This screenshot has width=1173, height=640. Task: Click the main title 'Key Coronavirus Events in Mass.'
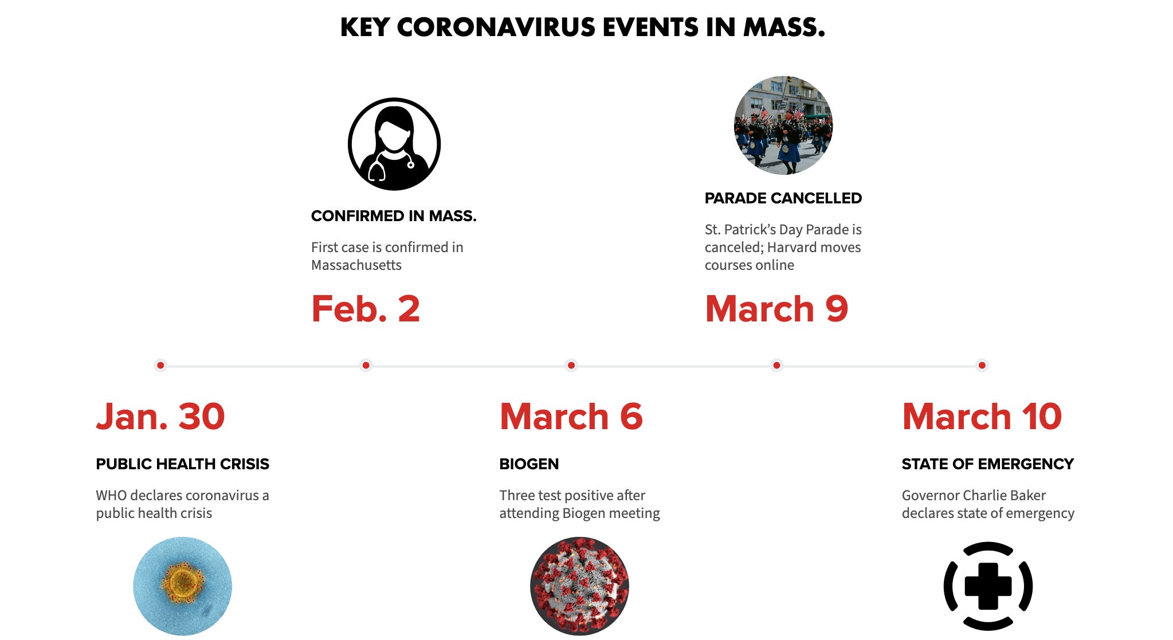point(582,28)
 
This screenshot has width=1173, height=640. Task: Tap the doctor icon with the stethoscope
point(394,144)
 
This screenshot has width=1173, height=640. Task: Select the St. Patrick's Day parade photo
point(783,125)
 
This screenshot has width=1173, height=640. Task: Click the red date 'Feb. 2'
point(366,309)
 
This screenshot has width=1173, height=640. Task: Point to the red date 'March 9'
point(776,309)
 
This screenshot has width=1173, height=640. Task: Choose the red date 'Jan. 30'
point(160,416)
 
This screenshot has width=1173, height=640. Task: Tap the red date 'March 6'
point(571,416)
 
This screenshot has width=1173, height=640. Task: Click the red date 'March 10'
point(982,416)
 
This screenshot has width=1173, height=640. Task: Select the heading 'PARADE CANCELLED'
point(783,198)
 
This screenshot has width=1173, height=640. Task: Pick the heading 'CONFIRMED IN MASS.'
point(394,216)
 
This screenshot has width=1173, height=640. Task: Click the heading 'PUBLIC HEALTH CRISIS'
point(182,464)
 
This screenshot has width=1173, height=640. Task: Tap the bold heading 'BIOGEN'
point(529,464)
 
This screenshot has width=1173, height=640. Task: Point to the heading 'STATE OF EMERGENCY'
point(987,464)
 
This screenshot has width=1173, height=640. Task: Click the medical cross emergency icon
point(988,586)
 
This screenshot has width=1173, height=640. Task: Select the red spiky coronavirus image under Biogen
point(579,586)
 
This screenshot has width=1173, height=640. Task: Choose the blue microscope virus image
point(182,586)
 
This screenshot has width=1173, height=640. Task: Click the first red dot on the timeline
point(160,365)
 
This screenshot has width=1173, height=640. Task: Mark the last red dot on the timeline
point(982,365)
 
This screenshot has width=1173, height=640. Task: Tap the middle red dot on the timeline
point(571,365)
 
